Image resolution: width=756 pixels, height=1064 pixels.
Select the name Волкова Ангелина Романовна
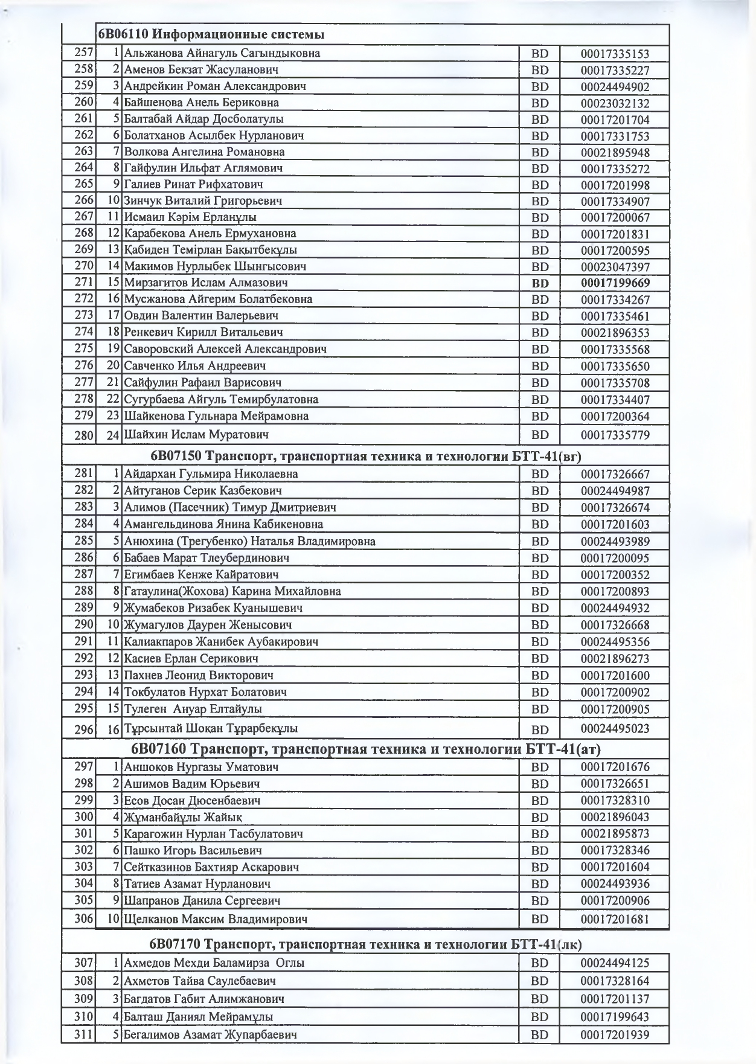[204, 152]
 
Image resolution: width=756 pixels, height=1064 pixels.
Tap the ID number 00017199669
[615, 283]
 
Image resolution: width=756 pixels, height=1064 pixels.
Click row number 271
[84, 282]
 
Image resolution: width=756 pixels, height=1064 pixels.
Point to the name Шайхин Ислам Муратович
[196, 435]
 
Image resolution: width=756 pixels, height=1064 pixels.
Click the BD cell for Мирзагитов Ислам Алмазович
[540, 283]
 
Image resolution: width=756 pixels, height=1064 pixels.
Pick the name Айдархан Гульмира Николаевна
[211, 474]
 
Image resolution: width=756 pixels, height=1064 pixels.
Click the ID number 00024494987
[615, 491]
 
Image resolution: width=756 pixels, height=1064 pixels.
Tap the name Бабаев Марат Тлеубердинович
[207, 558]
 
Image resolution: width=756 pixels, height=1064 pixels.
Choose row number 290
[84, 624]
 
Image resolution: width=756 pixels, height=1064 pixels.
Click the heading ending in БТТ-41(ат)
[365, 749]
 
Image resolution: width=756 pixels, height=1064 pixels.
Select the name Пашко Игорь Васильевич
[193, 851]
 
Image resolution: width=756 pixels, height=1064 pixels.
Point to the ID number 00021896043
[615, 818]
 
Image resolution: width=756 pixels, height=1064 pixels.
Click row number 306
[84, 919]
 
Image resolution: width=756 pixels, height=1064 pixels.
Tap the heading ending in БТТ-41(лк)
[365, 944]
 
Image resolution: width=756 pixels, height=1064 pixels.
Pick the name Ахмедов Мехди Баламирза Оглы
[214, 963]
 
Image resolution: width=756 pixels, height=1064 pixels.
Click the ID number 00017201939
[615, 1036]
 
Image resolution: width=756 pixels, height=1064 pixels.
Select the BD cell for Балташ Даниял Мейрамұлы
[540, 1018]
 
